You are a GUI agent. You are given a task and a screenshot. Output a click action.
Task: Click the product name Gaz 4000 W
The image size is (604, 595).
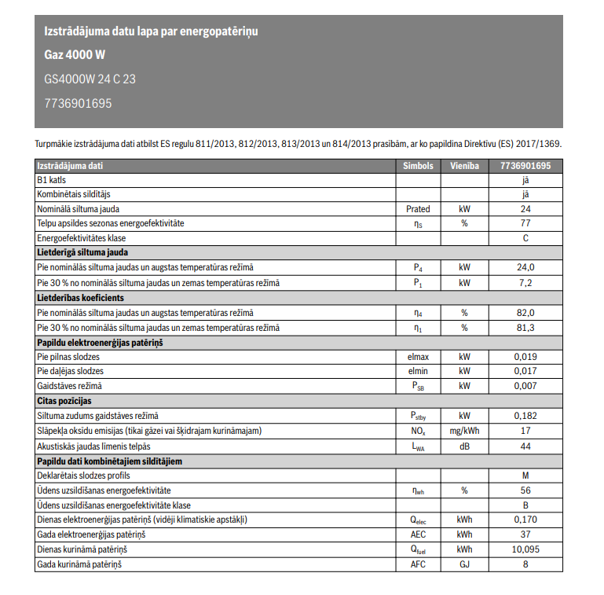click(x=75, y=55)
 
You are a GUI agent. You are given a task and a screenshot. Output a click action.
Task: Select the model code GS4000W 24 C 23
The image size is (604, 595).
click(x=90, y=79)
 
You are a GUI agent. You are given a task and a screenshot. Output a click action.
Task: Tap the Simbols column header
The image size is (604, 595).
click(x=418, y=166)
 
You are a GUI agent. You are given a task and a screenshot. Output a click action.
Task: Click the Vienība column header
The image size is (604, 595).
click(x=464, y=166)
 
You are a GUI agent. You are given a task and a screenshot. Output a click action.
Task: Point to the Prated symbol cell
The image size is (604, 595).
click(x=418, y=209)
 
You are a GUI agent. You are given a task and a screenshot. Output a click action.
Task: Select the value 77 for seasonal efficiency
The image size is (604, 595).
click(x=525, y=223)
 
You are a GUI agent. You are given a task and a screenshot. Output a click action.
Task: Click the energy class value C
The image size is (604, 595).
click(x=525, y=237)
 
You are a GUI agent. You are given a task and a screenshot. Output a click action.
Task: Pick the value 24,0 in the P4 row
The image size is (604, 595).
click(x=525, y=267)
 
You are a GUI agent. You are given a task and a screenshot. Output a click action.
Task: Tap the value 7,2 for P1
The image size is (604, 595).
click(x=525, y=282)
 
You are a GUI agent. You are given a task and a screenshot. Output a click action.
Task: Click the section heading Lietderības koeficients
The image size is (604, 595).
click(x=80, y=298)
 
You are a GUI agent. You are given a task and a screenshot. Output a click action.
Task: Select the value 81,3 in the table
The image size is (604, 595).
click(x=525, y=327)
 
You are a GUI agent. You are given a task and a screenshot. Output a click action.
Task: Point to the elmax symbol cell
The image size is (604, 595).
click(x=418, y=357)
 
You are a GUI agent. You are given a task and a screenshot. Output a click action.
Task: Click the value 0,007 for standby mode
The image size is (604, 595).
click(x=525, y=386)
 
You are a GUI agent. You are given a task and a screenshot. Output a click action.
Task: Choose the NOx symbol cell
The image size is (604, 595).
click(x=418, y=431)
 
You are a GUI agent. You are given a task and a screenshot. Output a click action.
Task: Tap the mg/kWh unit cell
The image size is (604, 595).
click(x=464, y=431)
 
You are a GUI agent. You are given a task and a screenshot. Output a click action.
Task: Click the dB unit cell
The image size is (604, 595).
click(x=464, y=446)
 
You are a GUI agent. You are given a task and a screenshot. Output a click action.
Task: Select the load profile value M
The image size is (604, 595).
click(x=525, y=476)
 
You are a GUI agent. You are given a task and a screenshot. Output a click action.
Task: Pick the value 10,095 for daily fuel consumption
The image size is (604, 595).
click(x=525, y=549)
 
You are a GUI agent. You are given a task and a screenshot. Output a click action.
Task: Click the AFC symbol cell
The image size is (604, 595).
click(x=418, y=564)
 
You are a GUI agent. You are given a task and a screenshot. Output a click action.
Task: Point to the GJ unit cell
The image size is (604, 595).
click(x=464, y=564)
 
